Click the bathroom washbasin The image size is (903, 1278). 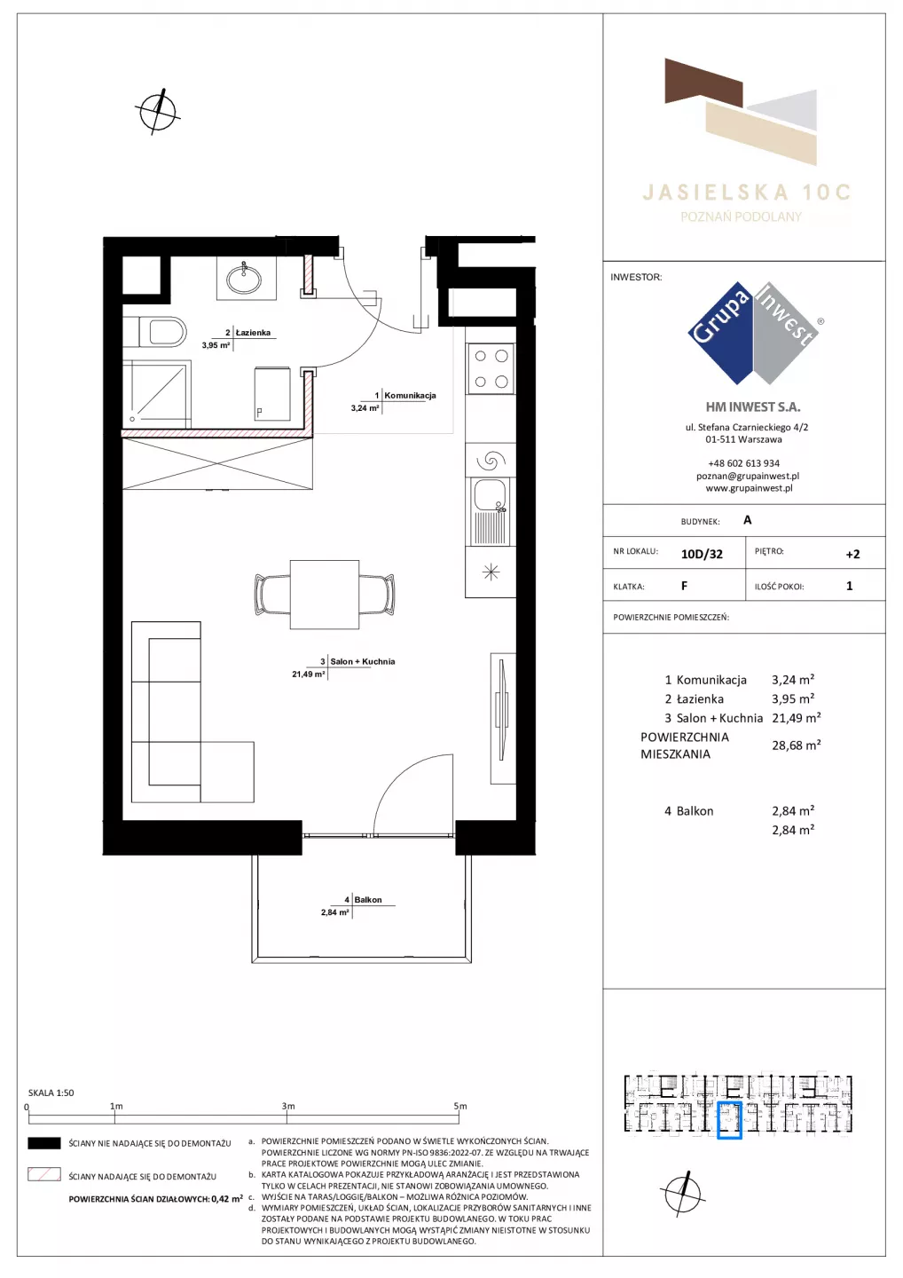244,279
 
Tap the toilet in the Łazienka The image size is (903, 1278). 162,332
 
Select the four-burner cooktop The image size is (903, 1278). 491,368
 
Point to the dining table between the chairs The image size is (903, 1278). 325,595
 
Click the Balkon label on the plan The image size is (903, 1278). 368,900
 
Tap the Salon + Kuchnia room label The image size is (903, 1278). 363,661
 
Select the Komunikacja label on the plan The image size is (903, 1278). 410,395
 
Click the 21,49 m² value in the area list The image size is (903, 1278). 796,718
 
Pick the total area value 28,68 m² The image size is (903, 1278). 796,745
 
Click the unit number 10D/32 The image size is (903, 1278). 702,554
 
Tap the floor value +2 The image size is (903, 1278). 852,554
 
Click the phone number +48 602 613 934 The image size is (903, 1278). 743,463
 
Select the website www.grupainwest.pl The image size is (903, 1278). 749,488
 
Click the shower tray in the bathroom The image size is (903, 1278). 155,394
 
